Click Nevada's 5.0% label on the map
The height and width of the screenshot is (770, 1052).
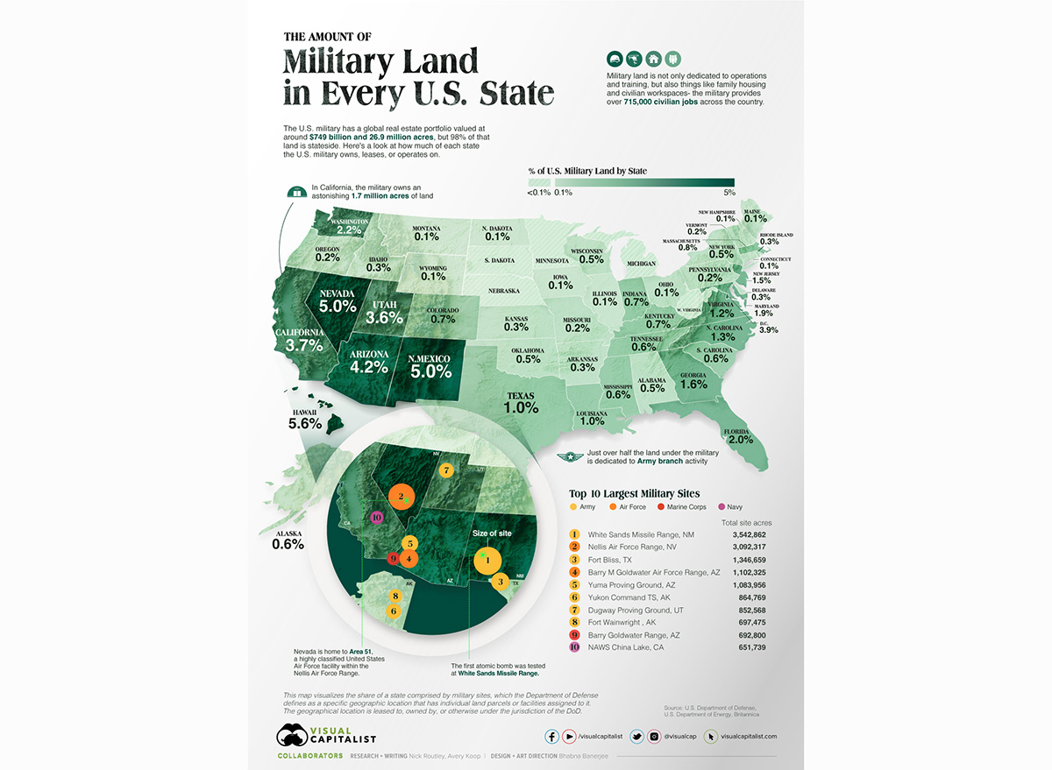338,307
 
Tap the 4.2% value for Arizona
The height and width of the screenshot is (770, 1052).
369,367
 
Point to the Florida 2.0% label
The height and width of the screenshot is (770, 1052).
740,440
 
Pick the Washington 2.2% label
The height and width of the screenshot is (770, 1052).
348,230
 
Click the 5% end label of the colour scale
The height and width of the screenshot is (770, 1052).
729,193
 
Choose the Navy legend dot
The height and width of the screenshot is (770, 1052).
722,507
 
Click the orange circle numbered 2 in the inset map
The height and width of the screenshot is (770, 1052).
402,497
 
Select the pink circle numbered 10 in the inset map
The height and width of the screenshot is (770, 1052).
377,518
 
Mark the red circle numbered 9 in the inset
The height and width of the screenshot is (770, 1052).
394,558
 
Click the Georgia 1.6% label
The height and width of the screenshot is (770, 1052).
693,384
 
